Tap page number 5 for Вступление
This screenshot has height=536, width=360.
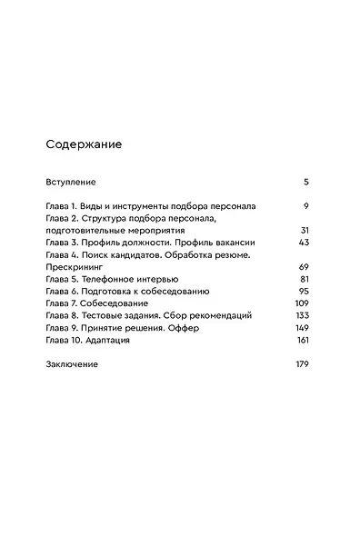306,182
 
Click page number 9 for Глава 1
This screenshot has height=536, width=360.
306,206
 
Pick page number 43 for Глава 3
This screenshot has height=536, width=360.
304,243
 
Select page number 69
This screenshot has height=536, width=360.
304,267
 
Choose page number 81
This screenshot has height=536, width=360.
305,279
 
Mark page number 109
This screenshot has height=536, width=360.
303,303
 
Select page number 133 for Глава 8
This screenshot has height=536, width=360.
303,315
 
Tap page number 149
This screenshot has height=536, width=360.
303,327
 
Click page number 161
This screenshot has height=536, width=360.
303,340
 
